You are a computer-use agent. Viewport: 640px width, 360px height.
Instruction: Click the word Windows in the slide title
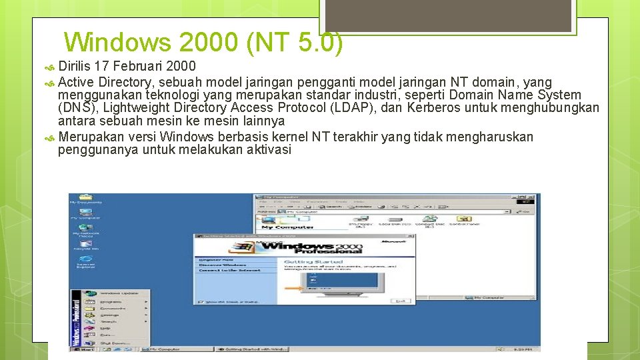pyautogui.click(x=118, y=43)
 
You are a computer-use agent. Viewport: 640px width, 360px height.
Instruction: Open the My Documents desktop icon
pyautogui.click(x=85, y=198)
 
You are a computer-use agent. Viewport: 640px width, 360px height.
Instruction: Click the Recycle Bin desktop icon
pyautogui.click(x=85, y=244)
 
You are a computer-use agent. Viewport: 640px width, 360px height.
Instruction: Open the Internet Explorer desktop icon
pyautogui.click(x=85, y=260)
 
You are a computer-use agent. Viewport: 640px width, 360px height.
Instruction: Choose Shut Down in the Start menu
pyautogui.click(x=112, y=343)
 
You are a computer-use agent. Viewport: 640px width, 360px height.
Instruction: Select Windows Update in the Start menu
pyautogui.click(x=119, y=293)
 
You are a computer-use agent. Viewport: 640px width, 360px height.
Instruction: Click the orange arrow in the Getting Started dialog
pyautogui.click(x=293, y=288)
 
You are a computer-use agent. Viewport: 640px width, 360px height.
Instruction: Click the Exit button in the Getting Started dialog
pyautogui.click(x=400, y=301)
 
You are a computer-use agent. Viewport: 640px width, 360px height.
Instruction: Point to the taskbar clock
pyautogui.click(x=527, y=349)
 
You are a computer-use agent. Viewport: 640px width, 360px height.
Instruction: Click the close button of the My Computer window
pyautogui.click(x=531, y=197)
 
